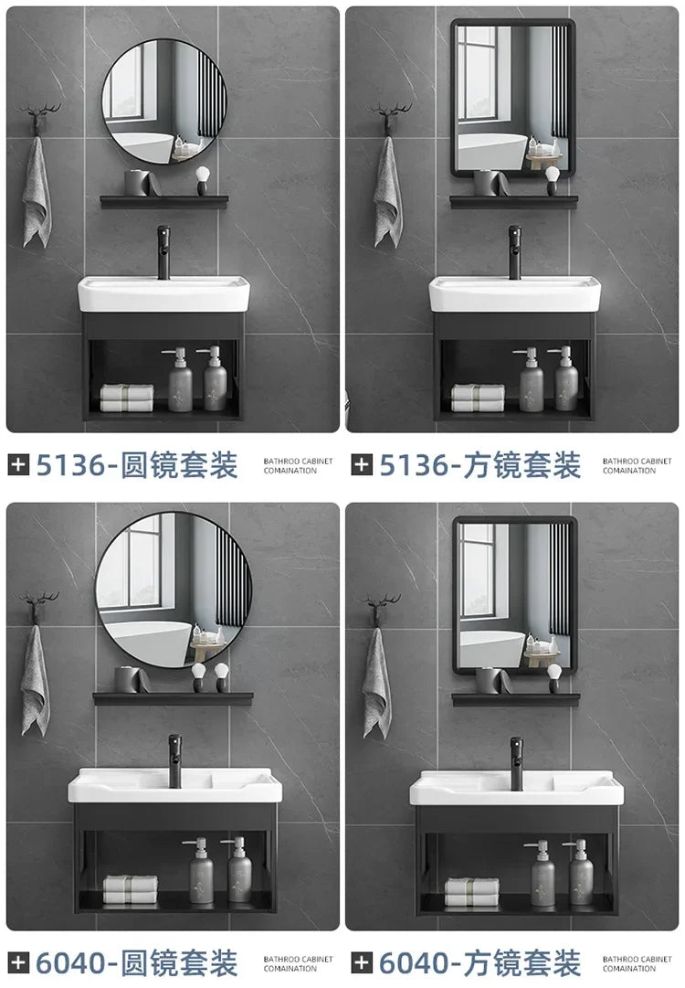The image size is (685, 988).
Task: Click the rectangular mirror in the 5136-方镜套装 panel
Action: [x=512, y=99]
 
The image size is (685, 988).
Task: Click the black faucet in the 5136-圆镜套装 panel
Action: [x=166, y=251]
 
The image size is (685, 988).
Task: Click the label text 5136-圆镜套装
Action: [x=136, y=465]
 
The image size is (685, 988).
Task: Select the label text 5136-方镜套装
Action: [x=479, y=465]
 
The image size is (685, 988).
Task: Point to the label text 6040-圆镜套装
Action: [x=136, y=962]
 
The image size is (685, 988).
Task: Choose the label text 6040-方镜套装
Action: [x=479, y=962]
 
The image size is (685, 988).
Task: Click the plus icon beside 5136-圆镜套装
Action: [x=18, y=465]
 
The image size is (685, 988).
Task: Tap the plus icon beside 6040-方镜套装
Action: [x=363, y=962]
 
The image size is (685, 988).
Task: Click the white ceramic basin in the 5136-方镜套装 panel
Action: [x=514, y=293]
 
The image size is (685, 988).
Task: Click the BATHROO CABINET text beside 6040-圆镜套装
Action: [x=299, y=959]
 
